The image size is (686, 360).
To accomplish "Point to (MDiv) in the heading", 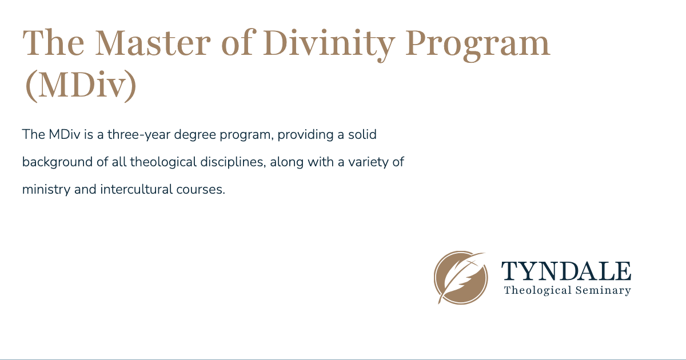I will click(80, 86).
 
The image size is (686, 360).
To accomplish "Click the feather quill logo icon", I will click(461, 278).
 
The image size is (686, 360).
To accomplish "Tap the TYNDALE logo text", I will click(566, 271).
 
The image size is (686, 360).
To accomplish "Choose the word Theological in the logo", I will click(537, 290).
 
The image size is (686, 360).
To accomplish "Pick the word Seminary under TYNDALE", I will click(603, 290).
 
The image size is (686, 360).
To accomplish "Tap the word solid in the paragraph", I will click(361, 135).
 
